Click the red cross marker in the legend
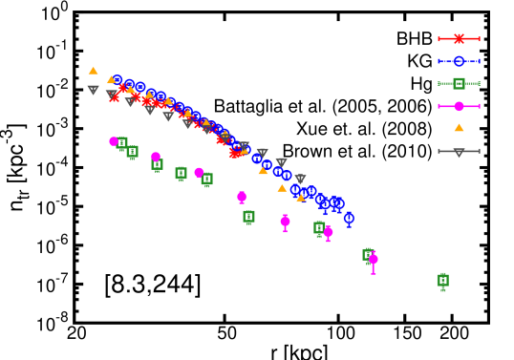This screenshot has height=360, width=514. [459, 39]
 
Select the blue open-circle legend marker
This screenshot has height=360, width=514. [459, 61]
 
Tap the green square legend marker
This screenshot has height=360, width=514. [459, 83]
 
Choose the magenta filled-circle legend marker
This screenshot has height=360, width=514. [459, 106]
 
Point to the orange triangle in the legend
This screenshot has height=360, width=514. [459, 128]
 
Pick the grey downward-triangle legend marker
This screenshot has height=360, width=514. [459, 151]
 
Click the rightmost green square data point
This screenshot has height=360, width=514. [442, 281]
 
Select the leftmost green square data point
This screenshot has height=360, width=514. [121, 143]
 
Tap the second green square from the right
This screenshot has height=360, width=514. [368, 255]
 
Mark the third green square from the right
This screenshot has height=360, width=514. [319, 228]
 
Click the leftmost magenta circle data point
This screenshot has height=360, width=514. [114, 141]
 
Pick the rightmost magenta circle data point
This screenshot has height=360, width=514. [373, 259]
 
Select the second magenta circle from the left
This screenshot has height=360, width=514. [156, 157]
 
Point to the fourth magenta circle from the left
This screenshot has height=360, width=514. [242, 197]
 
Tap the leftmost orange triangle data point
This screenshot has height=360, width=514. [93, 71]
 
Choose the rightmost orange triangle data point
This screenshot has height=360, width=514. [301, 198]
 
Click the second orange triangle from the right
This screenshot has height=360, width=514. [282, 188]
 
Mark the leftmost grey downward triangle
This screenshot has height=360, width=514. [93, 91]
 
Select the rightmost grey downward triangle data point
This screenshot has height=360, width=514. [300, 180]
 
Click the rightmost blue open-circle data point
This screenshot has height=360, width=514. [349, 219]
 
